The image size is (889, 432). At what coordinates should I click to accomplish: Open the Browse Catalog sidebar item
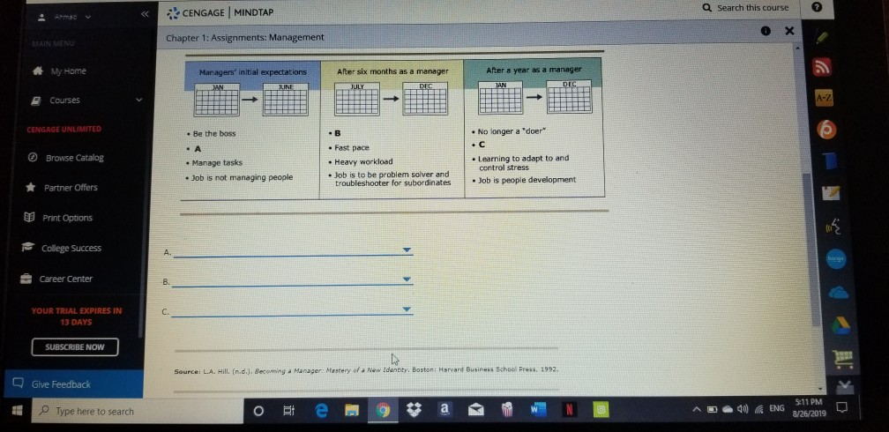74,158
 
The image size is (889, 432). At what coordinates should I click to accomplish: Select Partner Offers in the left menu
71,188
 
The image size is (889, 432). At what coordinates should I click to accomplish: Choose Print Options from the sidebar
68,218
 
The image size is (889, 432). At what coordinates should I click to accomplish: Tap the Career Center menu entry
65,279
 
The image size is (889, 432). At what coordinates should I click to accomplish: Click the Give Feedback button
60,384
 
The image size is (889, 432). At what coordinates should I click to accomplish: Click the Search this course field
751,8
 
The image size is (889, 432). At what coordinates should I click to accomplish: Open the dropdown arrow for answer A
407,251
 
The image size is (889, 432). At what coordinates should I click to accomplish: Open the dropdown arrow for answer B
407,280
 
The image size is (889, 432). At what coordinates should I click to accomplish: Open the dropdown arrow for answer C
407,309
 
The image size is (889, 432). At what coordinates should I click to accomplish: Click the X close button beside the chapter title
789,32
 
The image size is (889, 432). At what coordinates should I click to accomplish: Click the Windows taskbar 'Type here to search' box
94,411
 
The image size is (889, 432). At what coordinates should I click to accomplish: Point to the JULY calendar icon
356,100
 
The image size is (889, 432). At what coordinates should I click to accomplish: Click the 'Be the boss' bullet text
214,134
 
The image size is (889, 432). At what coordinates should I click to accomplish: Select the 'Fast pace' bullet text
352,148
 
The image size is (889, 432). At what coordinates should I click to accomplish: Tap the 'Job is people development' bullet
527,180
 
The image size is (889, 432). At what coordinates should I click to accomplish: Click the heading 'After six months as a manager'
392,71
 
